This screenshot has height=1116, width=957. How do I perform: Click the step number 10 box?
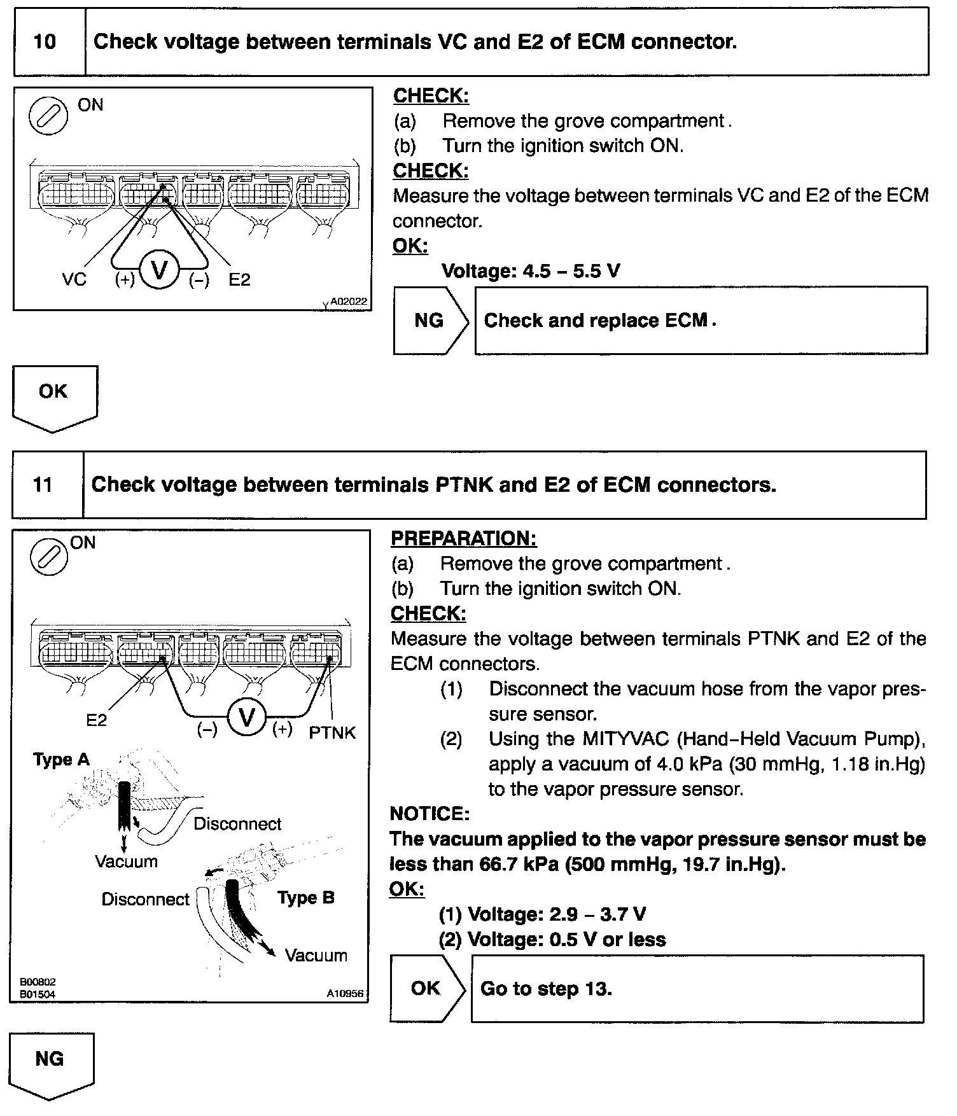[45, 42]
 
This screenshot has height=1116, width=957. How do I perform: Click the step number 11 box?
[43, 485]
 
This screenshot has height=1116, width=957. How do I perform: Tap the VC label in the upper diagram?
[74, 279]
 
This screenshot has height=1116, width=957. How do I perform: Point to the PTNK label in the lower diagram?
[332, 733]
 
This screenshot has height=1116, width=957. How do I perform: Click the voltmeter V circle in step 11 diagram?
[246, 718]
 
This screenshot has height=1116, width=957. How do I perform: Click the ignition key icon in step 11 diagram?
[48, 555]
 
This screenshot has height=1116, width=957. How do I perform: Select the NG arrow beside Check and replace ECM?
[430, 320]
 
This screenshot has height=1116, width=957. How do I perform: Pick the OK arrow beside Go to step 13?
[427, 988]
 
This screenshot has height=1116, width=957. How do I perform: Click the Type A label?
[61, 760]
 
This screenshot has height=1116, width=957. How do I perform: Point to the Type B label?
[305, 898]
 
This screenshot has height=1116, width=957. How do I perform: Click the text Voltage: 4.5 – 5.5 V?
[531, 272]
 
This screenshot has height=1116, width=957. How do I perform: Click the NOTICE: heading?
[429, 814]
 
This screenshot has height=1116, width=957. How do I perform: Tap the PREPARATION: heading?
[463, 539]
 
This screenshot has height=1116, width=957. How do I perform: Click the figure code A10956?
[346, 993]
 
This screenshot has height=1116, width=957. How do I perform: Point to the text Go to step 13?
[546, 989]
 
